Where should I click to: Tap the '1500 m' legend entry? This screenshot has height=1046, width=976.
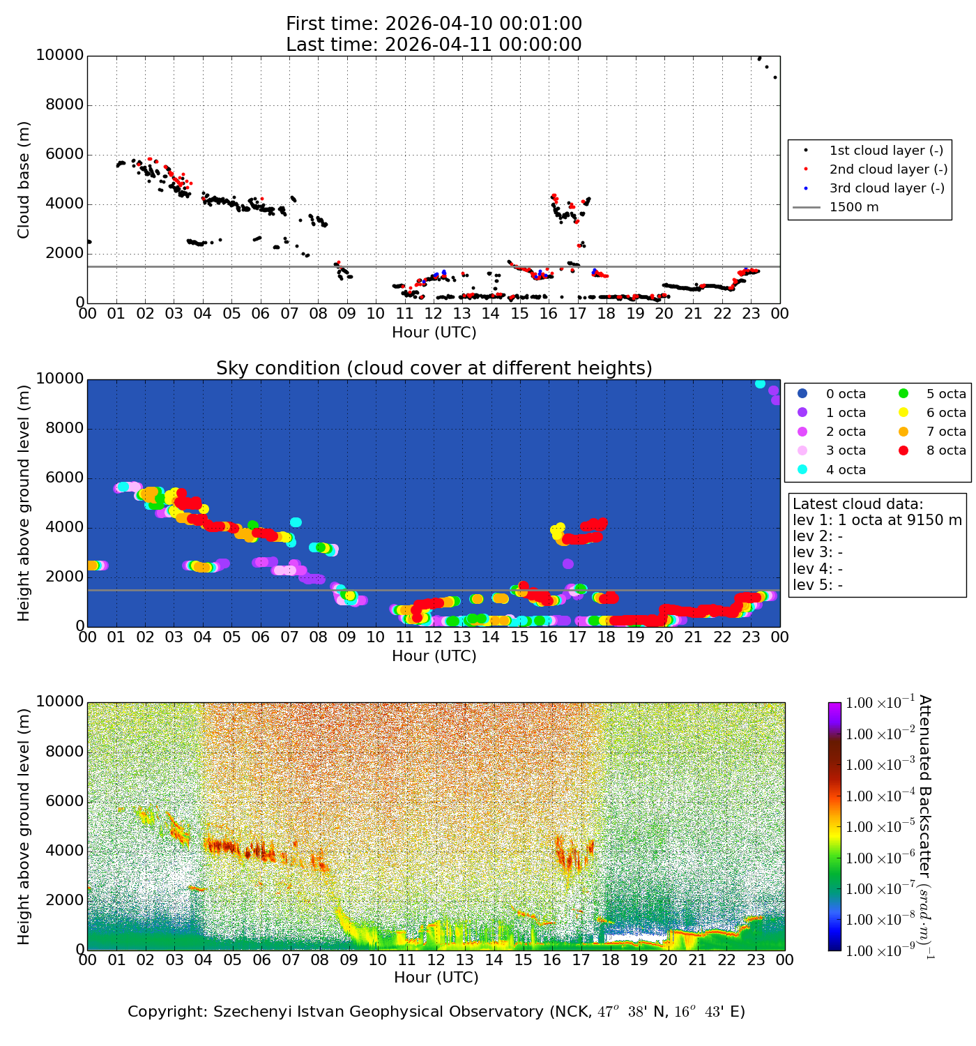[x=854, y=207]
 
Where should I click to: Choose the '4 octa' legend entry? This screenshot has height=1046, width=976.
[x=846, y=470]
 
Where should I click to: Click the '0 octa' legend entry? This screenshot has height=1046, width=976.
[x=846, y=394]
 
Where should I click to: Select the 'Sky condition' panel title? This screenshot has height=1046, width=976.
[x=434, y=368]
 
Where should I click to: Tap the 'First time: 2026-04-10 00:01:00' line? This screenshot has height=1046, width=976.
[x=434, y=24]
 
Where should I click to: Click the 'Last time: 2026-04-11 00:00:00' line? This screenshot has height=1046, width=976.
[x=434, y=45]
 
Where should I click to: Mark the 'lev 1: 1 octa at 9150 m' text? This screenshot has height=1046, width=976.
[x=877, y=520]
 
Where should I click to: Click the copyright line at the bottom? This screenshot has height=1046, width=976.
[x=436, y=1012]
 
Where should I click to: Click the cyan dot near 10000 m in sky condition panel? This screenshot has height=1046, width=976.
[x=760, y=384]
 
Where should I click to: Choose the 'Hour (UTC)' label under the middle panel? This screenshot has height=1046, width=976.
[x=434, y=656]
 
